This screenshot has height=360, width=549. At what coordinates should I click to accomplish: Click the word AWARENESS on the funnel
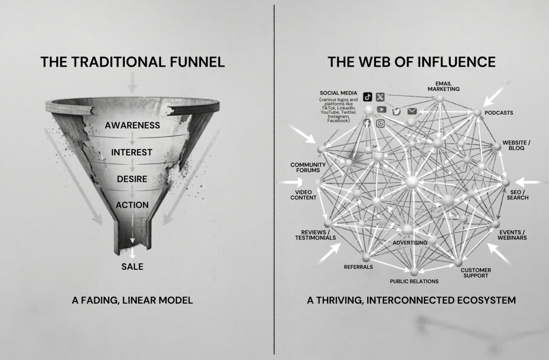pyautogui.click(x=132, y=126)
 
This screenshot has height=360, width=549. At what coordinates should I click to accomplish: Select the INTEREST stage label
pyautogui.click(x=132, y=152)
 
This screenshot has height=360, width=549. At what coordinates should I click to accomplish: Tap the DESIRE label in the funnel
pyautogui.click(x=132, y=179)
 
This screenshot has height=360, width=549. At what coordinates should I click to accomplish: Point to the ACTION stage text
pyautogui.click(x=132, y=204)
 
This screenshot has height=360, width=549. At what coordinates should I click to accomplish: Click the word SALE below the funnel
pyautogui.click(x=132, y=266)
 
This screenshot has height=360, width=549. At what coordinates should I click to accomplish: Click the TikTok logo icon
pyautogui.click(x=368, y=97)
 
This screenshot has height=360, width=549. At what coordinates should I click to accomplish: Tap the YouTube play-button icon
pyautogui.click(x=382, y=110)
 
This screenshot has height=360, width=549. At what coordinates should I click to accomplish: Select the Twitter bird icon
pyautogui.click(x=397, y=111)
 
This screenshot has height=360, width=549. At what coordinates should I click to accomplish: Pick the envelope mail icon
pyautogui.click(x=412, y=111)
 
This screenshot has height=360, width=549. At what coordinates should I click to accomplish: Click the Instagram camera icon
pyautogui.click(x=381, y=124)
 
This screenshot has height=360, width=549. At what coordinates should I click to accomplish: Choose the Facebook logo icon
pyautogui.click(x=367, y=124)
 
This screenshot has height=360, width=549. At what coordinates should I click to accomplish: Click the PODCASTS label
pyautogui.click(x=499, y=113)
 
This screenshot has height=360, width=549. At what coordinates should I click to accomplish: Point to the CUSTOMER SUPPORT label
pyautogui.click(x=475, y=273)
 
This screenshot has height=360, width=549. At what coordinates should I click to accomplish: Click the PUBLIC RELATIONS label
pyautogui.click(x=414, y=281)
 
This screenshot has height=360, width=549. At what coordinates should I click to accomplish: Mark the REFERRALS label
pyautogui.click(x=358, y=267)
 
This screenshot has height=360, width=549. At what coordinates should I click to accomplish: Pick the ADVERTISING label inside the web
pyautogui.click(x=410, y=243)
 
